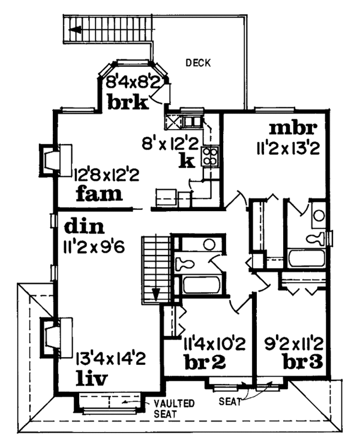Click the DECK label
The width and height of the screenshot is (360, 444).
tap(198, 62)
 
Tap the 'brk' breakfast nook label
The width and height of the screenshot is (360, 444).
tap(128, 102)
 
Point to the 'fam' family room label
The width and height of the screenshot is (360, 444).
tap(99, 193)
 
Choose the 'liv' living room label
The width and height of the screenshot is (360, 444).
tap(92, 379)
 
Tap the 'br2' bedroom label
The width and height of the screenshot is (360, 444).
tap(205, 362)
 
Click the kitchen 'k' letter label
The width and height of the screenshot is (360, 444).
tap(187, 161)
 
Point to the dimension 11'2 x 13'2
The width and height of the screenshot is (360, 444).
tap(289, 148)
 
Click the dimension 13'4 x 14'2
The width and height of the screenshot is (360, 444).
tap(111, 358)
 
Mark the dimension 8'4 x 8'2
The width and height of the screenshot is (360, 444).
tap(133, 82)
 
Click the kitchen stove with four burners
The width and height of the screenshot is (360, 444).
tap(210, 156)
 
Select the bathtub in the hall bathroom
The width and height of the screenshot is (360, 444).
tap(201, 286)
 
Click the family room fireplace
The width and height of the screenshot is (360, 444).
tap(56, 161)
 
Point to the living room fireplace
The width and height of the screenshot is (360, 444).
tap(56, 338)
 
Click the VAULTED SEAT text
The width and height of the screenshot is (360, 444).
tap(174, 409)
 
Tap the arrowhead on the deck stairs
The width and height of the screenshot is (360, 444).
tap(74, 29)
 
